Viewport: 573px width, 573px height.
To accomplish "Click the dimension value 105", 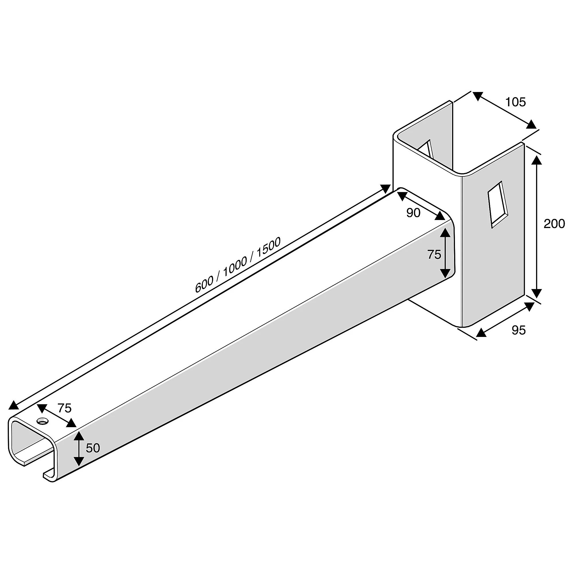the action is point(515,102).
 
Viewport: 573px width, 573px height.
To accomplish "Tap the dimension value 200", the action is point(554,224).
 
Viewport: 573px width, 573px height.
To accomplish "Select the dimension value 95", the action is point(519,330).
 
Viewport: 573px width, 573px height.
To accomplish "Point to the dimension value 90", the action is point(413,213).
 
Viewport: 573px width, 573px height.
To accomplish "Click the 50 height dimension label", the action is point(93,448).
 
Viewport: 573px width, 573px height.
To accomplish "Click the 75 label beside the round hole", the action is point(64,408).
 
